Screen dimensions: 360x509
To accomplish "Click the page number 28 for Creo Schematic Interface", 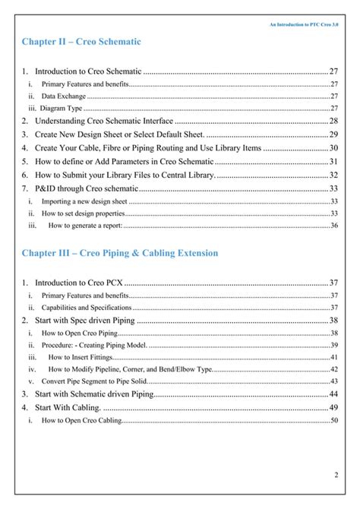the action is pos(333,121).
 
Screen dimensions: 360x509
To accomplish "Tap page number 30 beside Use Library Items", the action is pos(333,147).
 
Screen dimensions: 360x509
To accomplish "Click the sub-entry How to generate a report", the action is pos(85,226).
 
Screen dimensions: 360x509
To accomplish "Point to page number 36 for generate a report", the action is pos(334,226).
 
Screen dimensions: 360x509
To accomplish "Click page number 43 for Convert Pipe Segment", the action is pos(334,381).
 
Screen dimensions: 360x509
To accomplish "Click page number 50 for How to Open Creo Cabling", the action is pos(334,419).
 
